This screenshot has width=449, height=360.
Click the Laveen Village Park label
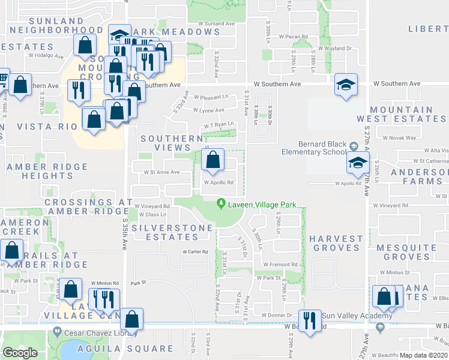pyautogui.click(x=262, y=205)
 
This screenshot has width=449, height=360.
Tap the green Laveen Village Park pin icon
pyautogui.click(x=221, y=205)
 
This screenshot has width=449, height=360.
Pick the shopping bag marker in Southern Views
pyautogui.click(x=212, y=161)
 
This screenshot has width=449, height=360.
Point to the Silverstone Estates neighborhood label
pyautogui.click(x=172, y=232)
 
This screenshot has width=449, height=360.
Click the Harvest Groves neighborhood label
pyautogui.click(x=337, y=243)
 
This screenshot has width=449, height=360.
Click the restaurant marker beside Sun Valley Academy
pyautogui.click(x=309, y=319)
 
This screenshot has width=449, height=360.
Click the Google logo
pyautogui.click(x=20, y=353)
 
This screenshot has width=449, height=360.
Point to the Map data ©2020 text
pyautogui.click(x=424, y=356)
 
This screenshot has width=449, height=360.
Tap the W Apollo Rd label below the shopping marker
pyautogui.click(x=218, y=183)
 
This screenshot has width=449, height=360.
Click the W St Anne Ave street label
pyautogui.click(x=161, y=172)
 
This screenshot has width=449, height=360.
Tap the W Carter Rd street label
pyautogui.click(x=195, y=252)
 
